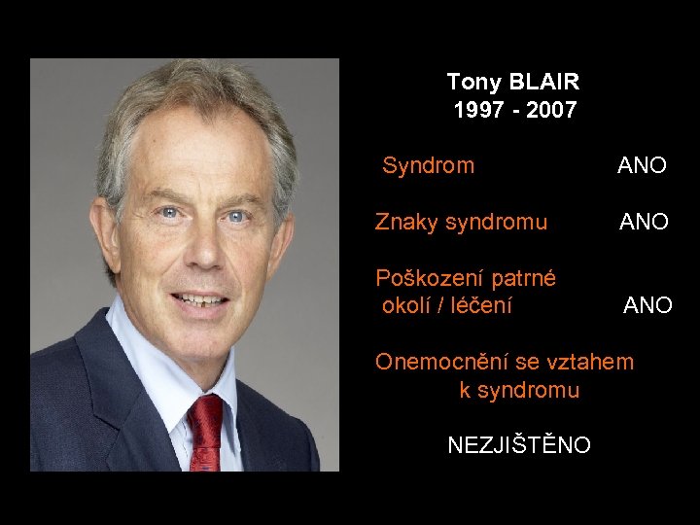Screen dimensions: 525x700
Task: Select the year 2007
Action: click(551, 110)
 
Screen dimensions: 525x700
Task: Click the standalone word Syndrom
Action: click(428, 165)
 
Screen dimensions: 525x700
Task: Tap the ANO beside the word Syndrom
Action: click(642, 166)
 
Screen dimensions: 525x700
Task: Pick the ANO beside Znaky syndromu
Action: click(645, 223)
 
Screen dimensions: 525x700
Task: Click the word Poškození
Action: click(429, 279)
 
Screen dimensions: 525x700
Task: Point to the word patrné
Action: click(523, 279)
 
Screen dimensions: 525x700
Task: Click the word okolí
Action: click(405, 305)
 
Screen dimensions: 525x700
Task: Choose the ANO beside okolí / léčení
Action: click(647, 306)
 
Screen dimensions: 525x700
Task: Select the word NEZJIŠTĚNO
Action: click(518, 445)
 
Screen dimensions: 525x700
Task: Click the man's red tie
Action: click(206, 432)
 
